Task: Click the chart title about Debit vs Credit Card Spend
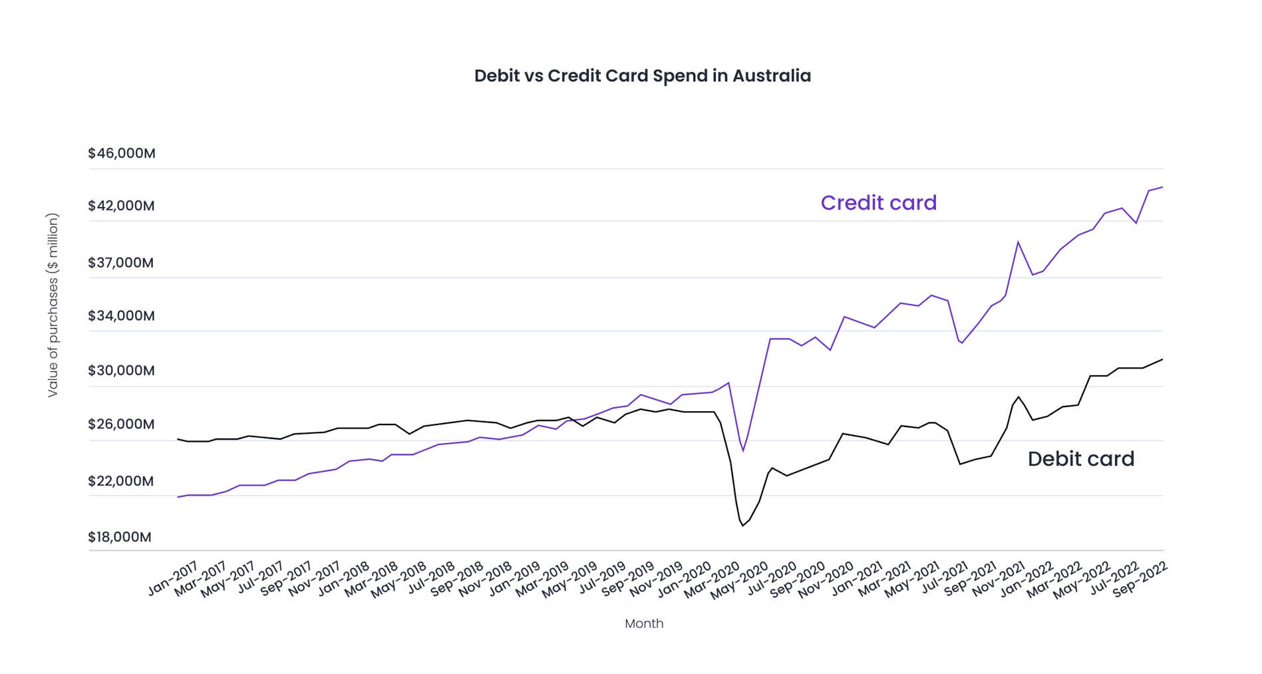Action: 642,76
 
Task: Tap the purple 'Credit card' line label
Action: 878,203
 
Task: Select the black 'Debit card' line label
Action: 1080,459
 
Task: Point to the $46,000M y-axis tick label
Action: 122,154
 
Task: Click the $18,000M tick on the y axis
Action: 120,537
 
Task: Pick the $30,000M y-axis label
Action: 122,371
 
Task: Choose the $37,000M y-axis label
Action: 121,263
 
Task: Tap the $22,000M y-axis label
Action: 121,481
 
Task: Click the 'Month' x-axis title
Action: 643,623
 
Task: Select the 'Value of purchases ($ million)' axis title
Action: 53,305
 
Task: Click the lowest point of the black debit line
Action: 742,526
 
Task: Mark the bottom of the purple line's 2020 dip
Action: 743,451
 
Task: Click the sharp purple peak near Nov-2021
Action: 1018,242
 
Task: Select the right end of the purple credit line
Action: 1162,187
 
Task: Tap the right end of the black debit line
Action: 1162,359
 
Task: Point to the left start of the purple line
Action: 178,497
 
